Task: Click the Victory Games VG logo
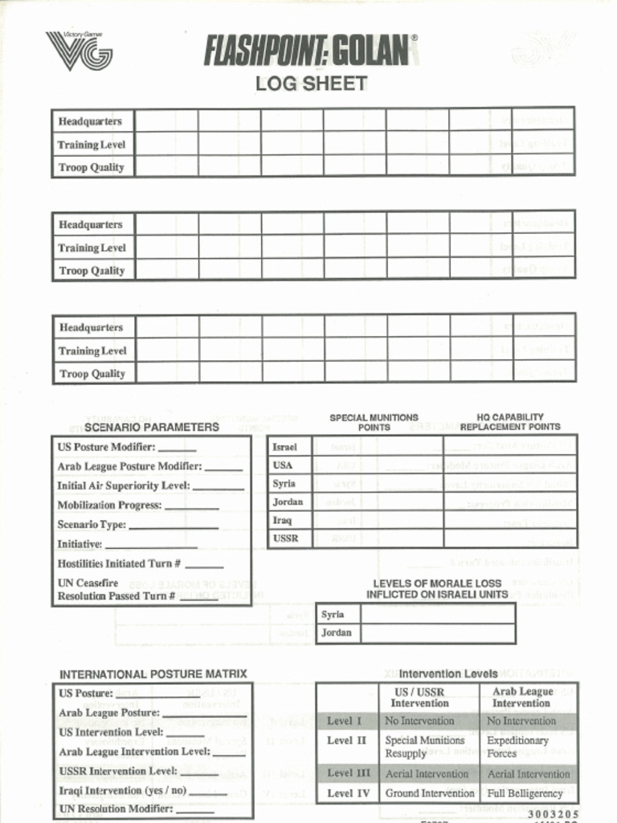pyautogui.click(x=79, y=51)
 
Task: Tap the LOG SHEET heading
pyautogui.click(x=311, y=83)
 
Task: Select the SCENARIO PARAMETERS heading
pyautogui.click(x=151, y=427)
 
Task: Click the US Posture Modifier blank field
pyautogui.click(x=177, y=448)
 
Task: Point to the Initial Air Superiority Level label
pyautogui.click(x=123, y=485)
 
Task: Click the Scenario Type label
pyautogui.click(x=92, y=525)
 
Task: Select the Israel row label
pyautogui.click(x=284, y=447)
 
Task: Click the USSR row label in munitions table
pyautogui.click(x=285, y=538)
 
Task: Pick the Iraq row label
pyautogui.click(x=282, y=520)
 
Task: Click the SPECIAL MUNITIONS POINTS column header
pyautogui.click(x=374, y=422)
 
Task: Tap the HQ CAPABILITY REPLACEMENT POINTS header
pyautogui.click(x=509, y=422)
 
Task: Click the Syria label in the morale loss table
pyautogui.click(x=333, y=614)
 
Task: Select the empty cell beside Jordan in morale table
pyautogui.click(x=437, y=633)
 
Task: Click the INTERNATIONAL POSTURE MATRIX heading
pyautogui.click(x=153, y=674)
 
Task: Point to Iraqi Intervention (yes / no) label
pyautogui.click(x=122, y=790)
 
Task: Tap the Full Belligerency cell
pyautogui.click(x=525, y=793)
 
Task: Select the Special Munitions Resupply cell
pyautogui.click(x=425, y=747)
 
